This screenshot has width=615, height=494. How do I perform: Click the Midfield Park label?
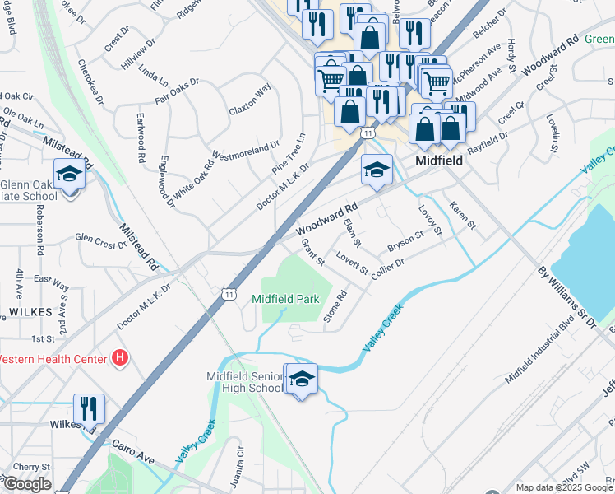tap(285, 299)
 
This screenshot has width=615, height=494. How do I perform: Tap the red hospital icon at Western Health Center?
tap(121, 359)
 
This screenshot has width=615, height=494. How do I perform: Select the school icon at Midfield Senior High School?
tap(301, 379)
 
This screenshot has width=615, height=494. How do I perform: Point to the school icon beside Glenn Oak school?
tap(69, 175)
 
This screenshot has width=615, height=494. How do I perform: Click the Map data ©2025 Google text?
tap(563, 487)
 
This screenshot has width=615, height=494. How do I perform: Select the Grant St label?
tap(314, 250)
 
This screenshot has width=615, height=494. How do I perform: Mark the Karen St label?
tap(462, 213)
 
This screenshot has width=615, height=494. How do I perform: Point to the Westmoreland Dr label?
tap(246, 151)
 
